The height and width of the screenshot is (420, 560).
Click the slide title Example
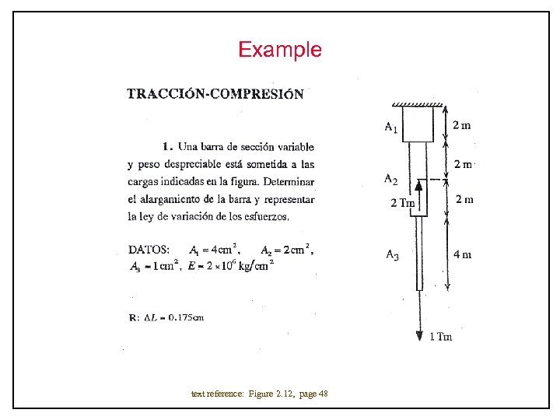(279, 51)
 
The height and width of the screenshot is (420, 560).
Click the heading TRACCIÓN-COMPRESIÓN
(215, 94)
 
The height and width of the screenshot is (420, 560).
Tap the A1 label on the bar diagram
(391, 127)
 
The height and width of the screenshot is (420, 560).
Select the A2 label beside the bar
(390, 179)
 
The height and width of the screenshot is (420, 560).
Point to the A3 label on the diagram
(392, 254)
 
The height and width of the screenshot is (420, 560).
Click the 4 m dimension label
(462, 254)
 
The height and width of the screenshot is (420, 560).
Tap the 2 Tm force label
(402, 203)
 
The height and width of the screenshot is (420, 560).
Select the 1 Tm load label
(441, 336)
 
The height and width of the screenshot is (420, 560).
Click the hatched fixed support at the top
(418, 104)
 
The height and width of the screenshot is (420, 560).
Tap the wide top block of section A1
(418, 124)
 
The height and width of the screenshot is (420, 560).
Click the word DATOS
(149, 250)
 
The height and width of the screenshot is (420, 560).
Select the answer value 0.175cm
(186, 317)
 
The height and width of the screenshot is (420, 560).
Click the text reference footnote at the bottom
(259, 394)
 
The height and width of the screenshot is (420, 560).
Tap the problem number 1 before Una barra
(166, 145)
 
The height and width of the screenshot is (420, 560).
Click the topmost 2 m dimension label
(462, 124)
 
